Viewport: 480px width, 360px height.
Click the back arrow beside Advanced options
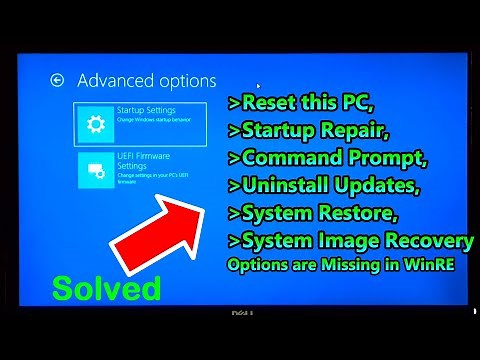click(57, 80)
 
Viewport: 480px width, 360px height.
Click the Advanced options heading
click(146, 80)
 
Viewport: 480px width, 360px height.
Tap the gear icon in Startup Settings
click(96, 124)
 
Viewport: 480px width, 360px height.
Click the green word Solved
click(106, 289)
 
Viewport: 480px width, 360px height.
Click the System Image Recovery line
click(350, 240)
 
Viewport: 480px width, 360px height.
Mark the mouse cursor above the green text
click(258, 86)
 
